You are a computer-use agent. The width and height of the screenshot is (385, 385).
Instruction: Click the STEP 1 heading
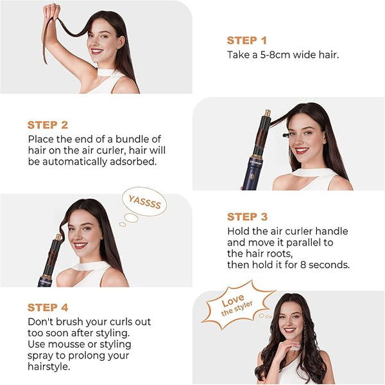point(247,40)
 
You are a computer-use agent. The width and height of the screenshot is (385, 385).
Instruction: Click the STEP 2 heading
point(47,125)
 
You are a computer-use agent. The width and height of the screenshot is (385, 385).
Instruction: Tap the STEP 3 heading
point(247,217)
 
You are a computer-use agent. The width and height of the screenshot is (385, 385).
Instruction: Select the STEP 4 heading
point(47,307)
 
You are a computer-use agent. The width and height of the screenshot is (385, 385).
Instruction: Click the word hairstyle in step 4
point(49,366)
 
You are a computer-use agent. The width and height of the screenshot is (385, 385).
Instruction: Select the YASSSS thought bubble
point(144,202)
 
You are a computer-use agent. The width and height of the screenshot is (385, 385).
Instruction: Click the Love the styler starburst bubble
point(237,305)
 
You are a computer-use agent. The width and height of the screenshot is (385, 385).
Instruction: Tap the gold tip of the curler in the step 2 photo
point(267,113)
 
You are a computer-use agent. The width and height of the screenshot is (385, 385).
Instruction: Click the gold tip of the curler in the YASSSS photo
point(58,237)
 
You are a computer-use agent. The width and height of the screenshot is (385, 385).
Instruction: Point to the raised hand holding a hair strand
point(51,12)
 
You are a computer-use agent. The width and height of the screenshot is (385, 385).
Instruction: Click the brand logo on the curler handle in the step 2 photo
point(255,163)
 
